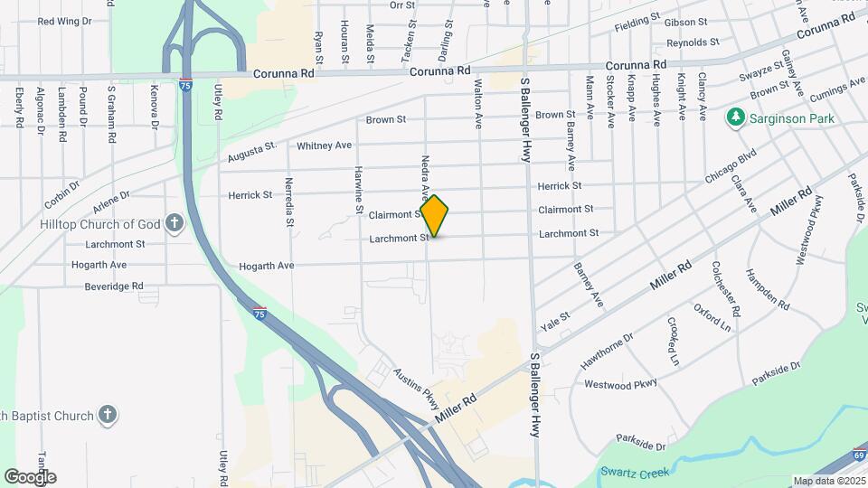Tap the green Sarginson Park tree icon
pos(735,117)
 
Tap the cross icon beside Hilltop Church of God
pos(175,223)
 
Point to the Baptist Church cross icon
pos(107,415)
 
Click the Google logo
pos(30,477)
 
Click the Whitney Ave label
pos(324,145)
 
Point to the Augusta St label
pos(250,150)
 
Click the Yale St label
pos(555,318)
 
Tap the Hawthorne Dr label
pos(607,351)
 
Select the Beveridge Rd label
pos(115,286)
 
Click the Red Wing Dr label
pos(60,20)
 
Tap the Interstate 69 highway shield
pos(858,456)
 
